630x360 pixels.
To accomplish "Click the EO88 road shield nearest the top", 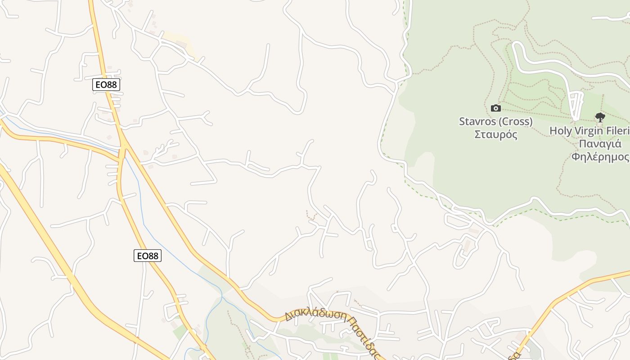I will (x=106, y=84).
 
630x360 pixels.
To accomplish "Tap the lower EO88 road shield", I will (x=147, y=256).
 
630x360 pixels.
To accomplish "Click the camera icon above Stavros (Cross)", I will (x=495, y=108).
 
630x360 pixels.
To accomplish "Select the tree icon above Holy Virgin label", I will (x=599, y=117).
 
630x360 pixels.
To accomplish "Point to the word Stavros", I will (x=477, y=121).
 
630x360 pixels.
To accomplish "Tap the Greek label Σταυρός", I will (x=495, y=135).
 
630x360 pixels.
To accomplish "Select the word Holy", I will (x=560, y=131).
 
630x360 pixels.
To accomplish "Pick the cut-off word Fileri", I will (x=619, y=131).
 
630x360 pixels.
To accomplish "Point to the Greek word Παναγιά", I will (x=600, y=144).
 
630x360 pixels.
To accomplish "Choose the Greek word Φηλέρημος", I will (x=600, y=157).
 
